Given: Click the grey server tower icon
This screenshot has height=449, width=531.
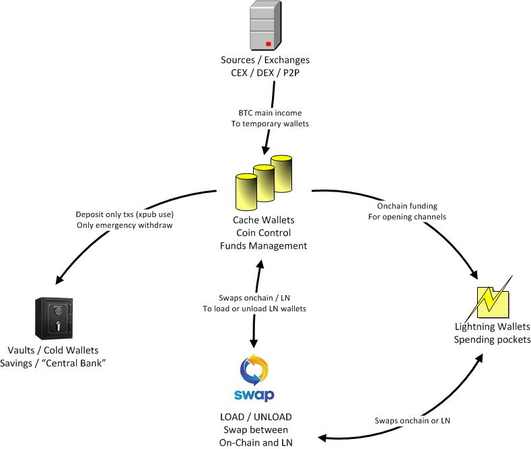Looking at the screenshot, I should pos(264,27).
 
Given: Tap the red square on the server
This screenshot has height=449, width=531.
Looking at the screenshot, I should pos(268,44).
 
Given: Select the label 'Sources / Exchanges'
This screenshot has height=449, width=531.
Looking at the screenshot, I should pos(265,60).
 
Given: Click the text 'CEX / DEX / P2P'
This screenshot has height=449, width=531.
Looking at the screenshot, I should pos(265,73).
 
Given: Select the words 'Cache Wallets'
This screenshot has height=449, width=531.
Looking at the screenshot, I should pos(263,220).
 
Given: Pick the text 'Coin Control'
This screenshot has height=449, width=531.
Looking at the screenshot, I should pos(263,233).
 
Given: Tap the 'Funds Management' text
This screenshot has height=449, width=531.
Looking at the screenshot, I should pos(263,246).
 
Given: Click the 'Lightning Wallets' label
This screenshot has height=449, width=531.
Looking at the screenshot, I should pos(492,327).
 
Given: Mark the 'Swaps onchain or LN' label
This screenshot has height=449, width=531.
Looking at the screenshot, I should pos(413,421).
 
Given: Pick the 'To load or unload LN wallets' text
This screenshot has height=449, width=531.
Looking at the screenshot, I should pos(255,309).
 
